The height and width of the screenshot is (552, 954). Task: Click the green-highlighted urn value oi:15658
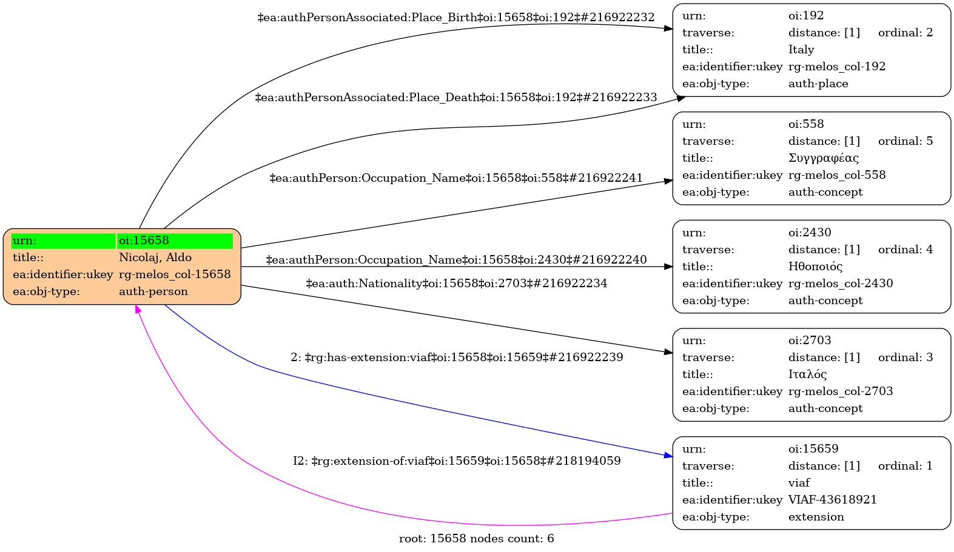coord(144,241)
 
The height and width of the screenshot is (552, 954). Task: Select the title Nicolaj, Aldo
coord(155,258)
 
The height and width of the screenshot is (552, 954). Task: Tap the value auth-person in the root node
coord(153,291)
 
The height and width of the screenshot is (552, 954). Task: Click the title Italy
coord(801,50)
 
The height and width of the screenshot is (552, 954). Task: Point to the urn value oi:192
coord(805,16)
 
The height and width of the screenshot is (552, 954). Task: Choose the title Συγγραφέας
coord(823,158)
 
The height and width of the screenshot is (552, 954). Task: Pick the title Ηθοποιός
coord(815,267)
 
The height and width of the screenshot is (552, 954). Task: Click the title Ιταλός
coord(807,374)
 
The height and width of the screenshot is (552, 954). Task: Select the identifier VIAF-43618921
coord(832,500)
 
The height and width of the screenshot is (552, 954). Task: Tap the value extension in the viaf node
coord(816,517)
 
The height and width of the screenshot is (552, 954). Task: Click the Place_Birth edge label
coord(456,18)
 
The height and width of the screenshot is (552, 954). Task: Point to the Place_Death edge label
coord(456,98)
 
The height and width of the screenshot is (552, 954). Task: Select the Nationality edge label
coord(456,284)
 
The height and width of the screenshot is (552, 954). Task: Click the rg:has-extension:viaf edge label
coord(456,357)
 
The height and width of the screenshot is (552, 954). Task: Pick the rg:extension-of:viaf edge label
coord(456,461)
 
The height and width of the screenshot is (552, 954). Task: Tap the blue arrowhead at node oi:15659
coord(668,455)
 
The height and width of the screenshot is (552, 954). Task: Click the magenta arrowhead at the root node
coord(138,309)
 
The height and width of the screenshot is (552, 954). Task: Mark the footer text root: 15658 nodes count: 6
coord(476,539)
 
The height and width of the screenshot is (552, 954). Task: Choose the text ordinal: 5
coord(905,141)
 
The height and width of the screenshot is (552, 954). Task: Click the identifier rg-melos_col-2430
coord(840,284)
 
